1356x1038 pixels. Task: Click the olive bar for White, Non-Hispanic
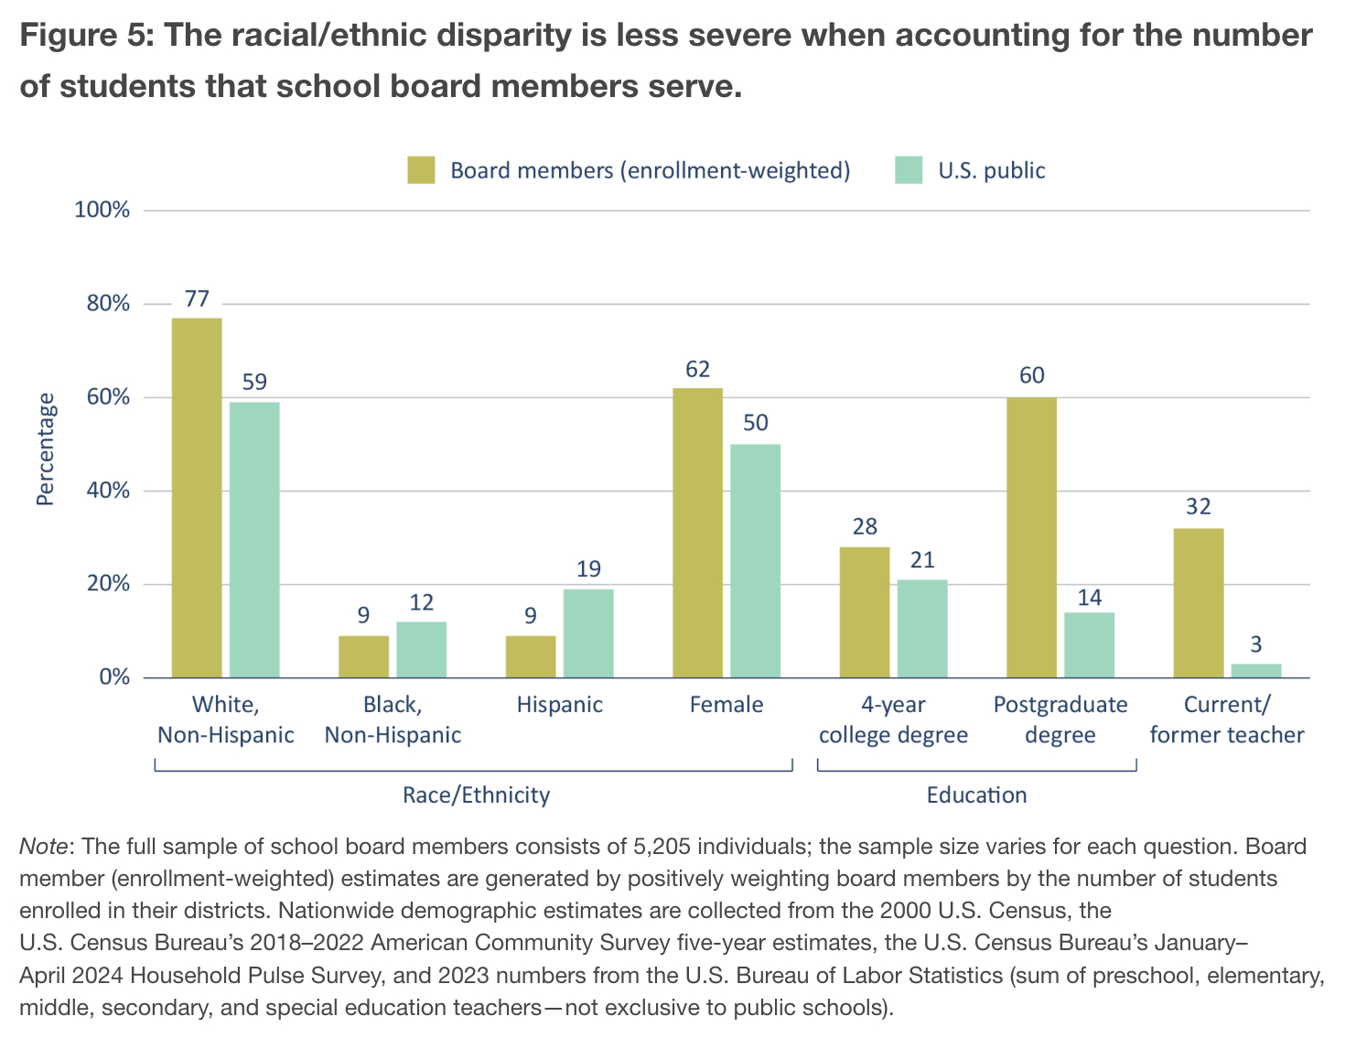(197, 498)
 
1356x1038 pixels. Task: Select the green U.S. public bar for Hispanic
(588, 633)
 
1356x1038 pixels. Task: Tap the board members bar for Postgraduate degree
(1031, 537)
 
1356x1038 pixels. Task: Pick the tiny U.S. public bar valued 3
(1256, 671)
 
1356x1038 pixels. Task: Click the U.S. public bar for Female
(755, 561)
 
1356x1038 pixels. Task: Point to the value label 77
(197, 299)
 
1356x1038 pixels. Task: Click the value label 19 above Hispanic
(588, 569)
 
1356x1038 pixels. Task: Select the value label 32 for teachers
(1199, 507)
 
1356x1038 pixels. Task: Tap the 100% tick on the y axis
(102, 211)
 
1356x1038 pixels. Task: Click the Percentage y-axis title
(45, 449)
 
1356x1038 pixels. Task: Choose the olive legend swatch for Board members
(422, 170)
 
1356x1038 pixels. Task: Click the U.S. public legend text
(992, 171)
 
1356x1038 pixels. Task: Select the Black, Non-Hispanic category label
(393, 719)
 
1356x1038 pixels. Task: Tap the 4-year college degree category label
(893, 719)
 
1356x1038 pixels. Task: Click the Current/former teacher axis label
(1227, 719)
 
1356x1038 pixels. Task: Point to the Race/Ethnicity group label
(476, 795)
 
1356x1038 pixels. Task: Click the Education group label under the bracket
(976, 795)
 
